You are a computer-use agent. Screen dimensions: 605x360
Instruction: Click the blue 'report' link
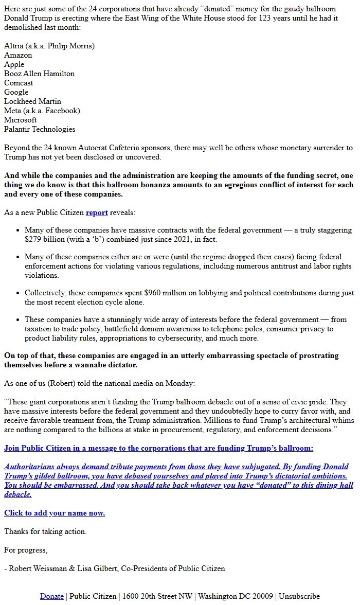click(x=97, y=212)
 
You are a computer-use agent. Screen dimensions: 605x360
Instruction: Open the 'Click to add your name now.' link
click(x=55, y=513)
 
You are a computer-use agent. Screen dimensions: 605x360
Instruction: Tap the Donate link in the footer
click(x=52, y=596)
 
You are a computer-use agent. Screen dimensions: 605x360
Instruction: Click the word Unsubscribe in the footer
click(x=299, y=596)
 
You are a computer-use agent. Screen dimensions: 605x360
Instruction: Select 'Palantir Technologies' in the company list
click(x=40, y=129)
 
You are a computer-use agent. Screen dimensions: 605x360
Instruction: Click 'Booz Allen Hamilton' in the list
click(x=39, y=74)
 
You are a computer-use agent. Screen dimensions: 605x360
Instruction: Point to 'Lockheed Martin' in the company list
click(x=32, y=101)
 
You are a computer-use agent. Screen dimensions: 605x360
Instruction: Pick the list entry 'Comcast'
click(x=19, y=83)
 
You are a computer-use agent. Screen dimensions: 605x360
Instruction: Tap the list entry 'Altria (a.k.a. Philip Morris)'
click(x=49, y=46)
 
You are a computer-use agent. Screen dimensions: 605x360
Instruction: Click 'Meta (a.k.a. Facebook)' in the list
click(x=42, y=111)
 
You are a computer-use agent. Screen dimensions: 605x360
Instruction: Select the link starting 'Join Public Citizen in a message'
click(x=158, y=448)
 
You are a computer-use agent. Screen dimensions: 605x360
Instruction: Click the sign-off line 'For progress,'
click(x=26, y=550)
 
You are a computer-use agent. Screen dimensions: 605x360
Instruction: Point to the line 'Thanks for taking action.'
click(x=45, y=531)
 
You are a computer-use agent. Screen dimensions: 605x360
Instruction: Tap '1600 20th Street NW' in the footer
click(x=157, y=596)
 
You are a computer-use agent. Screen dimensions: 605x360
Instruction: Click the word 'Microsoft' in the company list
click(x=21, y=120)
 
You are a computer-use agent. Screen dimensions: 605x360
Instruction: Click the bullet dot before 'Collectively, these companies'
click(x=18, y=293)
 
